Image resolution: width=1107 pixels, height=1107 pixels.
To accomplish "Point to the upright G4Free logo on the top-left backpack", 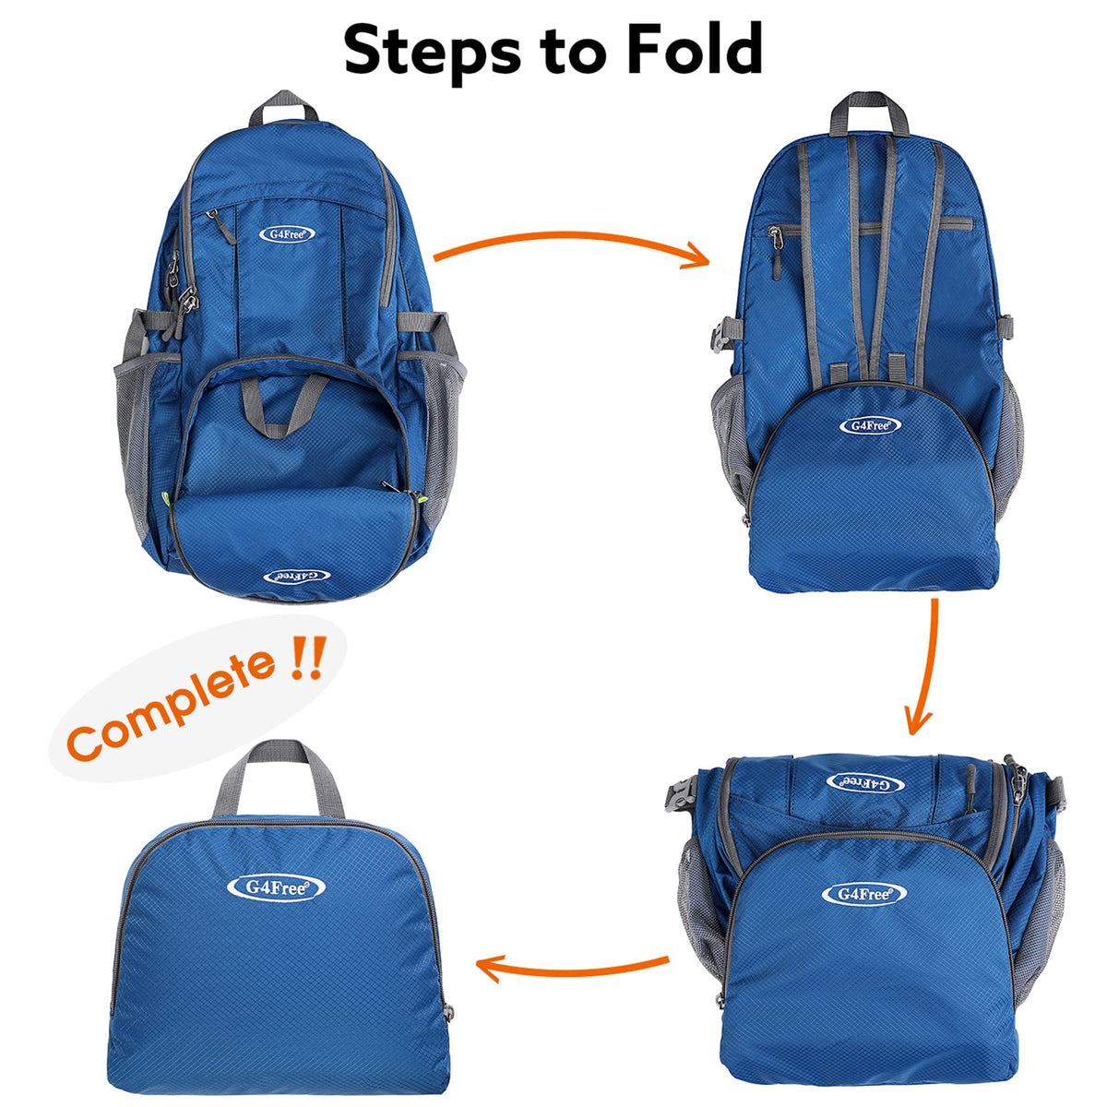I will point(287,233).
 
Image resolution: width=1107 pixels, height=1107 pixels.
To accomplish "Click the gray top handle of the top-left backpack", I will point(283,109).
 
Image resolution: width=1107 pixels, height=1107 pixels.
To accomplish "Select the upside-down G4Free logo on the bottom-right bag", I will point(864,782).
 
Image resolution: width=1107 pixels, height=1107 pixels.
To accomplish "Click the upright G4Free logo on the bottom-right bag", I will point(863,893).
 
